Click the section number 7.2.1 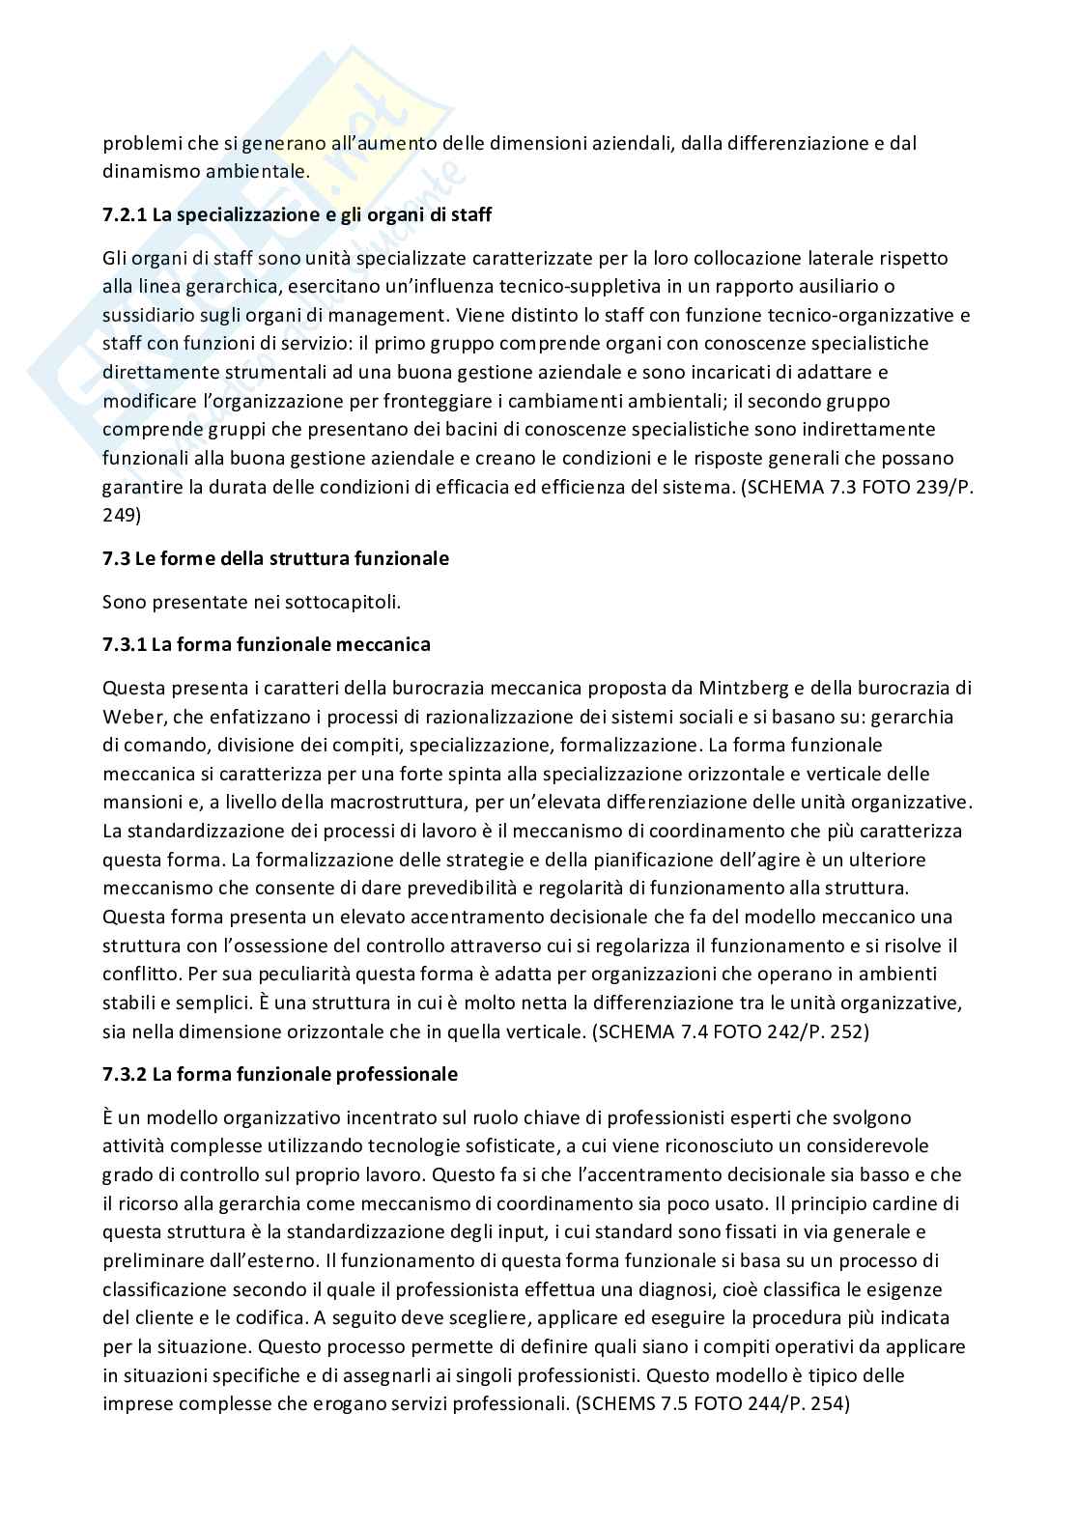[124, 215]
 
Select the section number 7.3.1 [124, 644]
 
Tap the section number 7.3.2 [124, 1074]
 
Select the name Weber [128, 717]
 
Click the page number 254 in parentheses [826, 1403]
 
